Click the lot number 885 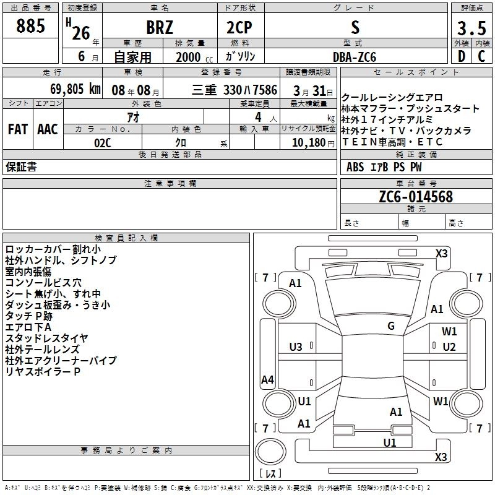click(31, 26)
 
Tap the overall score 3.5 click(471, 28)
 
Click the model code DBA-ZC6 click(354, 56)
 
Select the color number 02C click(103, 143)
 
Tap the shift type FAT click(17, 129)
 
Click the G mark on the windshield click(391, 326)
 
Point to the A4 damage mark click(267, 380)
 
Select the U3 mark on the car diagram click(296, 346)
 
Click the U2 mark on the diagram click(449, 346)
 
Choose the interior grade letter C click(481, 56)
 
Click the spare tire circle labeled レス click(270, 474)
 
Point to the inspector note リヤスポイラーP click(43, 371)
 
